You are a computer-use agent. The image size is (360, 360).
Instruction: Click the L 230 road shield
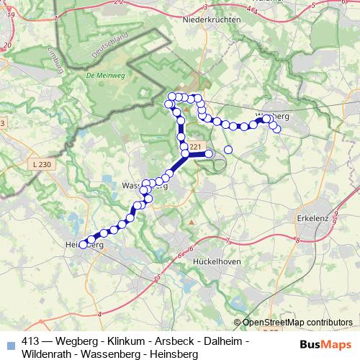pyautogui.click(x=43, y=165)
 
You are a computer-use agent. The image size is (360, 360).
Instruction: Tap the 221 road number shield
pyautogui.click(x=195, y=147)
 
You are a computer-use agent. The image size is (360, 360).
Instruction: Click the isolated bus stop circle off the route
pyautogui.click(x=228, y=150)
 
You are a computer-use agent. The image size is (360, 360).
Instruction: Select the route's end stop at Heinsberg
pyautogui.click(x=83, y=245)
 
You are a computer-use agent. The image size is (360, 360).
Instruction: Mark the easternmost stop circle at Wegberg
pyautogui.click(x=277, y=129)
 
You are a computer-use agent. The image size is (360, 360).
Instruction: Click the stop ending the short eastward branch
pyautogui.click(x=209, y=153)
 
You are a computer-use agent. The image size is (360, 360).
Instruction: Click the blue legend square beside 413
pyautogui.click(x=9, y=343)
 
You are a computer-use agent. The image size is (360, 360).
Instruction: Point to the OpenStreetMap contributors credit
pyautogui.click(x=295, y=323)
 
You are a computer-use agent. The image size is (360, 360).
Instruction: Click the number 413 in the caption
pyautogui.click(x=31, y=341)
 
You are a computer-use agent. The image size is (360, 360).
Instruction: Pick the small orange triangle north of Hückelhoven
pyautogui.click(x=191, y=222)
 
